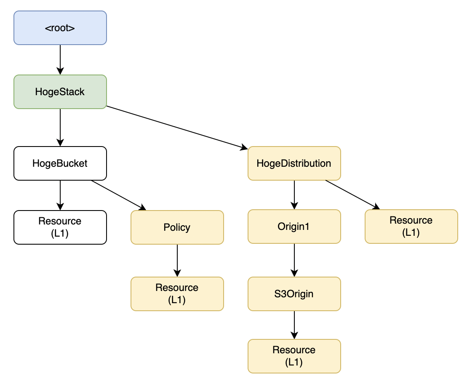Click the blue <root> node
coord(60,28)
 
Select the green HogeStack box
coord(60,92)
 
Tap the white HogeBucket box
coord(60,163)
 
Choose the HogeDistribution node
coord(294,163)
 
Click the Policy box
coord(177,227)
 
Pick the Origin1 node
coord(294,227)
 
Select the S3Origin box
coord(294,294)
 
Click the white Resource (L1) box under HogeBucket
coord(60,227)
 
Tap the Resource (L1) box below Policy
coord(177,294)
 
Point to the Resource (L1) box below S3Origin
coord(294,356)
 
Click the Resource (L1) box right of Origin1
coord(411,227)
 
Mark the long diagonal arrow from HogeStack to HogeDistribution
coord(177,128)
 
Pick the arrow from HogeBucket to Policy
coord(118,195)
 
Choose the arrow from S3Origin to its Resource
coord(294,325)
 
